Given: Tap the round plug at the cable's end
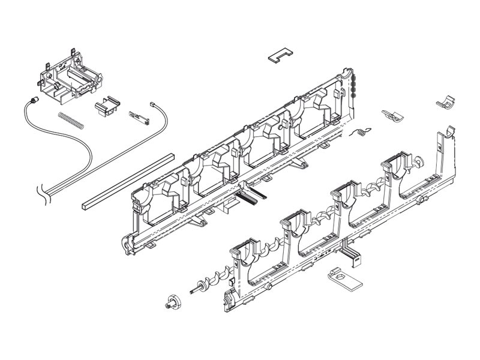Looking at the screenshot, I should coord(33,100).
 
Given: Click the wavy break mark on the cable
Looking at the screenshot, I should coord(43,193).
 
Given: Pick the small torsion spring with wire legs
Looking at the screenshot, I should coord(361,132).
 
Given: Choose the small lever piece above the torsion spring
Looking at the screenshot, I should coord(391,113).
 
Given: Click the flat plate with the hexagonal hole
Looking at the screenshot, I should coord(341,277).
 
